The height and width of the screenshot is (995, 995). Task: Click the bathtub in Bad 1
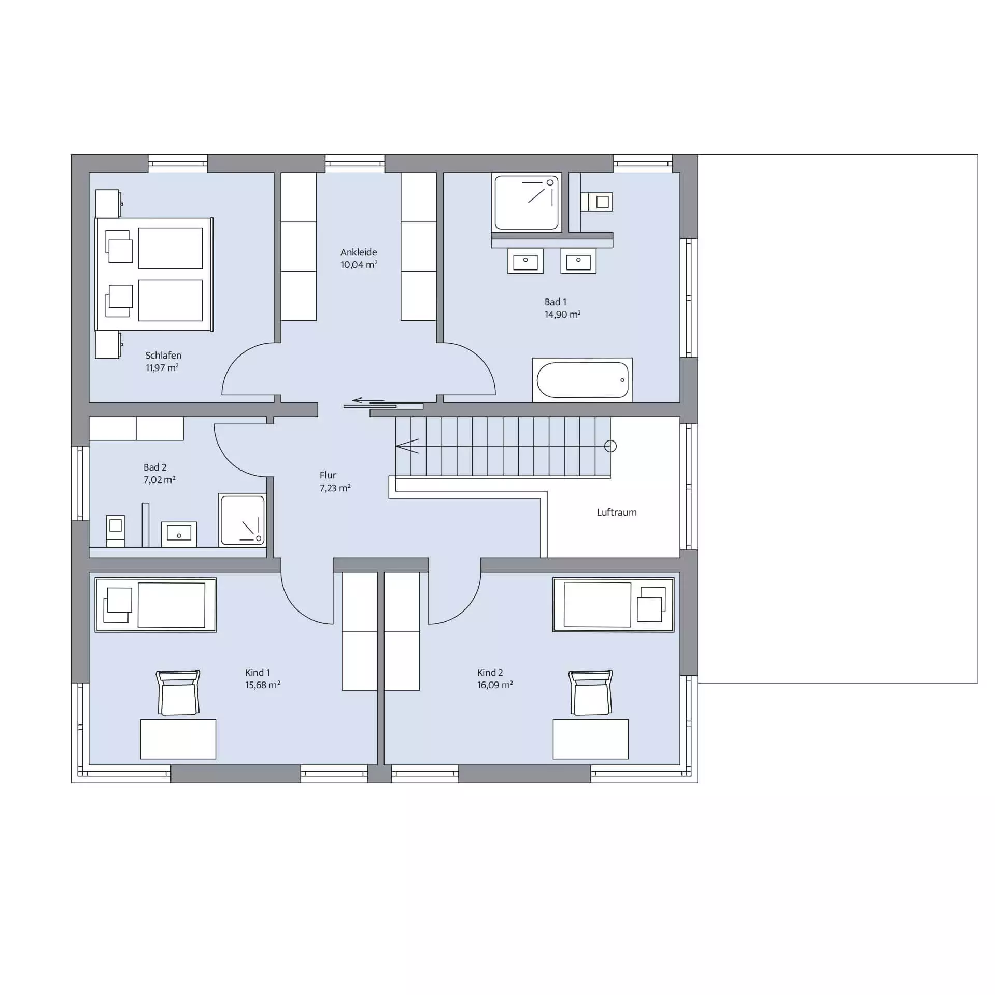click(582, 380)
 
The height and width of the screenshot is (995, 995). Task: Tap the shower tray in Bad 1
click(527, 202)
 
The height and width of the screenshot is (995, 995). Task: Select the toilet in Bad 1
click(596, 202)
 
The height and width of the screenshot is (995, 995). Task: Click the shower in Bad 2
click(243, 520)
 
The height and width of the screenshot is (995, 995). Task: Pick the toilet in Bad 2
click(116, 531)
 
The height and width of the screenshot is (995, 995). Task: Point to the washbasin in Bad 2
click(179, 534)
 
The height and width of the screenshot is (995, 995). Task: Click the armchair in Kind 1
click(178, 692)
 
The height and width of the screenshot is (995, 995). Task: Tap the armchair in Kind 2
click(591, 692)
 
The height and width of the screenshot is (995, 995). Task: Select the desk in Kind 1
click(178, 739)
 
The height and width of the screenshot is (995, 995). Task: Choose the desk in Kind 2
click(591, 739)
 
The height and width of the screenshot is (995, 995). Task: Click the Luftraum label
click(617, 513)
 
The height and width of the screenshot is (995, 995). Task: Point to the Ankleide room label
click(359, 252)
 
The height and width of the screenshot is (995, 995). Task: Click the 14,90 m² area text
click(562, 314)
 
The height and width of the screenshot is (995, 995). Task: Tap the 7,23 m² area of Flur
click(335, 488)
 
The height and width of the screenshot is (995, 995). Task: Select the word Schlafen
click(163, 356)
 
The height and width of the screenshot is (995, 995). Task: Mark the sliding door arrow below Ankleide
click(368, 400)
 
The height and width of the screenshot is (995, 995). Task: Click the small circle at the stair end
click(610, 446)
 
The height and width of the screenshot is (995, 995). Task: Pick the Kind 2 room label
click(490, 672)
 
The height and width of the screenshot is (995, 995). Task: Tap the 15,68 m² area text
click(263, 685)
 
